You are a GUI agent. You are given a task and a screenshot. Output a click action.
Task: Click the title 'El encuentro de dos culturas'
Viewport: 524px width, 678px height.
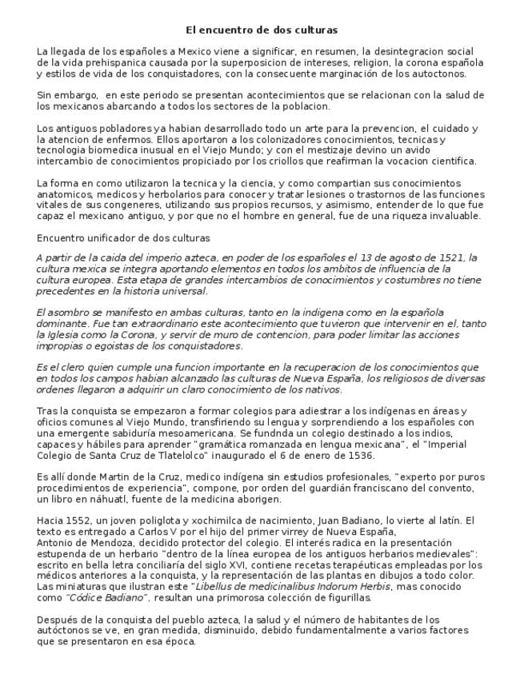point(262,30)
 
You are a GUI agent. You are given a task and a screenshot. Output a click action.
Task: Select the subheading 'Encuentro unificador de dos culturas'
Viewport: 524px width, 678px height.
point(123,237)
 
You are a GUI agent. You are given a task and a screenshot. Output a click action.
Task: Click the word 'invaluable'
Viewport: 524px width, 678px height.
point(453,216)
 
